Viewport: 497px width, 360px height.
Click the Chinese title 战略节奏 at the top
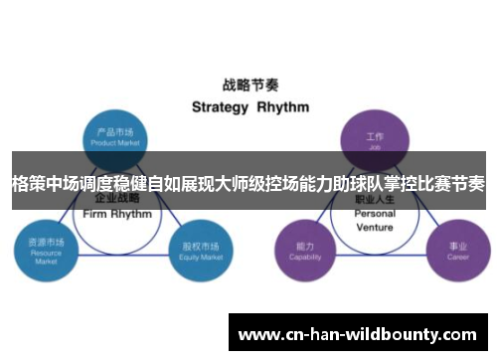(x=248, y=87)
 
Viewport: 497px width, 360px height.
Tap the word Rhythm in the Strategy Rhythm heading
(x=282, y=106)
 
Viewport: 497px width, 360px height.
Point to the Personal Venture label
(x=375, y=220)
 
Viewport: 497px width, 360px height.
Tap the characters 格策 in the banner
(x=30, y=183)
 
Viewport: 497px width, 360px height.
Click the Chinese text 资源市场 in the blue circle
(x=47, y=243)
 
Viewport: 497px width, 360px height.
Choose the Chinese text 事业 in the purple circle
(x=457, y=245)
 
